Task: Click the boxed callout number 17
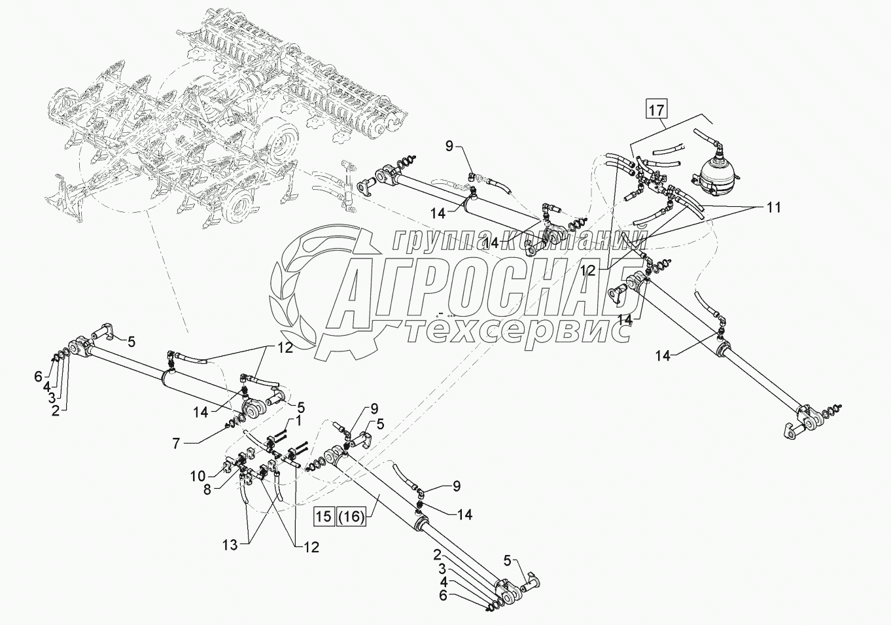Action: [x=656, y=107]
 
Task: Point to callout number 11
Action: [x=773, y=207]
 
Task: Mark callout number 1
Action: [x=298, y=418]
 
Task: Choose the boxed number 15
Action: [x=324, y=516]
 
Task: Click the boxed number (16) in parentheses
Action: [x=352, y=516]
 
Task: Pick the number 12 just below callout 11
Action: [x=587, y=270]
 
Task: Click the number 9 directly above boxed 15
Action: [x=374, y=410]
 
